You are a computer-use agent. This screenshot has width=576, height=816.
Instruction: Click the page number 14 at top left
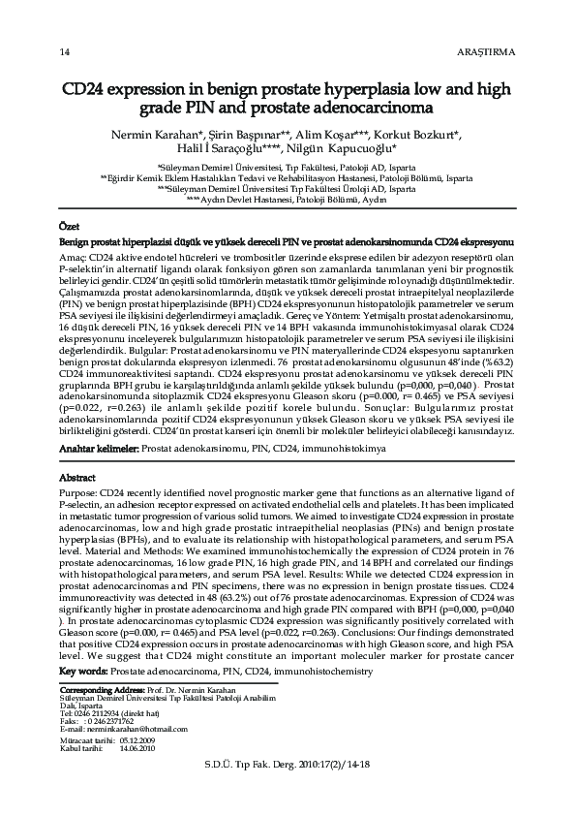point(64,51)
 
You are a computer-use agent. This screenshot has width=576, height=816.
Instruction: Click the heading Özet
point(70,225)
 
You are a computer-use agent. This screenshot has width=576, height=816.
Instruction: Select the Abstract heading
point(77,479)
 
